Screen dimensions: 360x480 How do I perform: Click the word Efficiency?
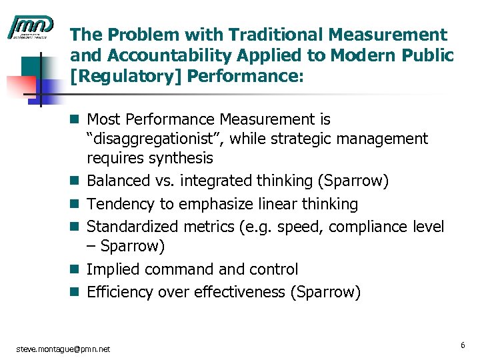[x=119, y=292]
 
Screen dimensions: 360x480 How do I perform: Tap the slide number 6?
[x=462, y=345]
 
